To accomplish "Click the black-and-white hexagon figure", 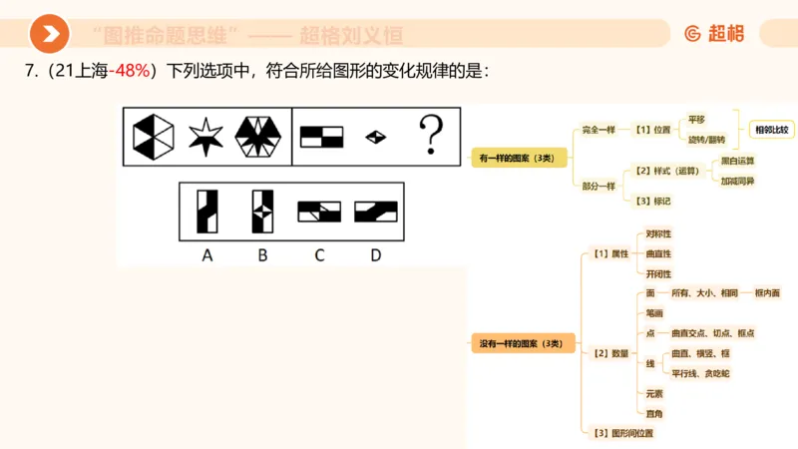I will point(154,136).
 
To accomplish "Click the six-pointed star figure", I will point(205,136).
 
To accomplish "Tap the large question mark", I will point(429,136).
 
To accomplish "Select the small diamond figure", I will point(376,137).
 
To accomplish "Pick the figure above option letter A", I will point(207,210).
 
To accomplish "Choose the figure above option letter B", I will point(263,210).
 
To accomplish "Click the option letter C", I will point(319,255).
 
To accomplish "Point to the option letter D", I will point(375,255).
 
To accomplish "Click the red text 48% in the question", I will point(132,72).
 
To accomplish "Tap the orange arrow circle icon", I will point(49,35).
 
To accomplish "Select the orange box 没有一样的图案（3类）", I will point(522,344).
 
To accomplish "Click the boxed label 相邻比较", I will point(771,130).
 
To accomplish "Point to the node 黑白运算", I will point(737,160).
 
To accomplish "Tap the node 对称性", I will point(658,233).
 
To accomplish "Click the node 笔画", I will point(655,313).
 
